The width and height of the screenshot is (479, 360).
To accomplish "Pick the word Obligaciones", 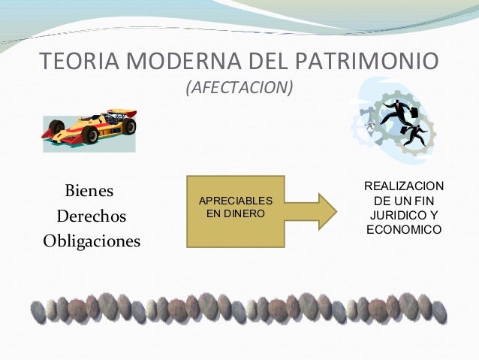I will (x=92, y=242).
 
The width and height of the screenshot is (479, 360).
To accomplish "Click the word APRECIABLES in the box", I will (x=235, y=201).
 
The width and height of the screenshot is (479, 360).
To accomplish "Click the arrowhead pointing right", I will (x=324, y=210).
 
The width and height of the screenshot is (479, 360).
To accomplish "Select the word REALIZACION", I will (x=404, y=186).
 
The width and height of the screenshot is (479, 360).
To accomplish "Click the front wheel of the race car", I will (x=91, y=134).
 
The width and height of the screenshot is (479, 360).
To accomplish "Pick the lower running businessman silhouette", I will (x=414, y=134).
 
